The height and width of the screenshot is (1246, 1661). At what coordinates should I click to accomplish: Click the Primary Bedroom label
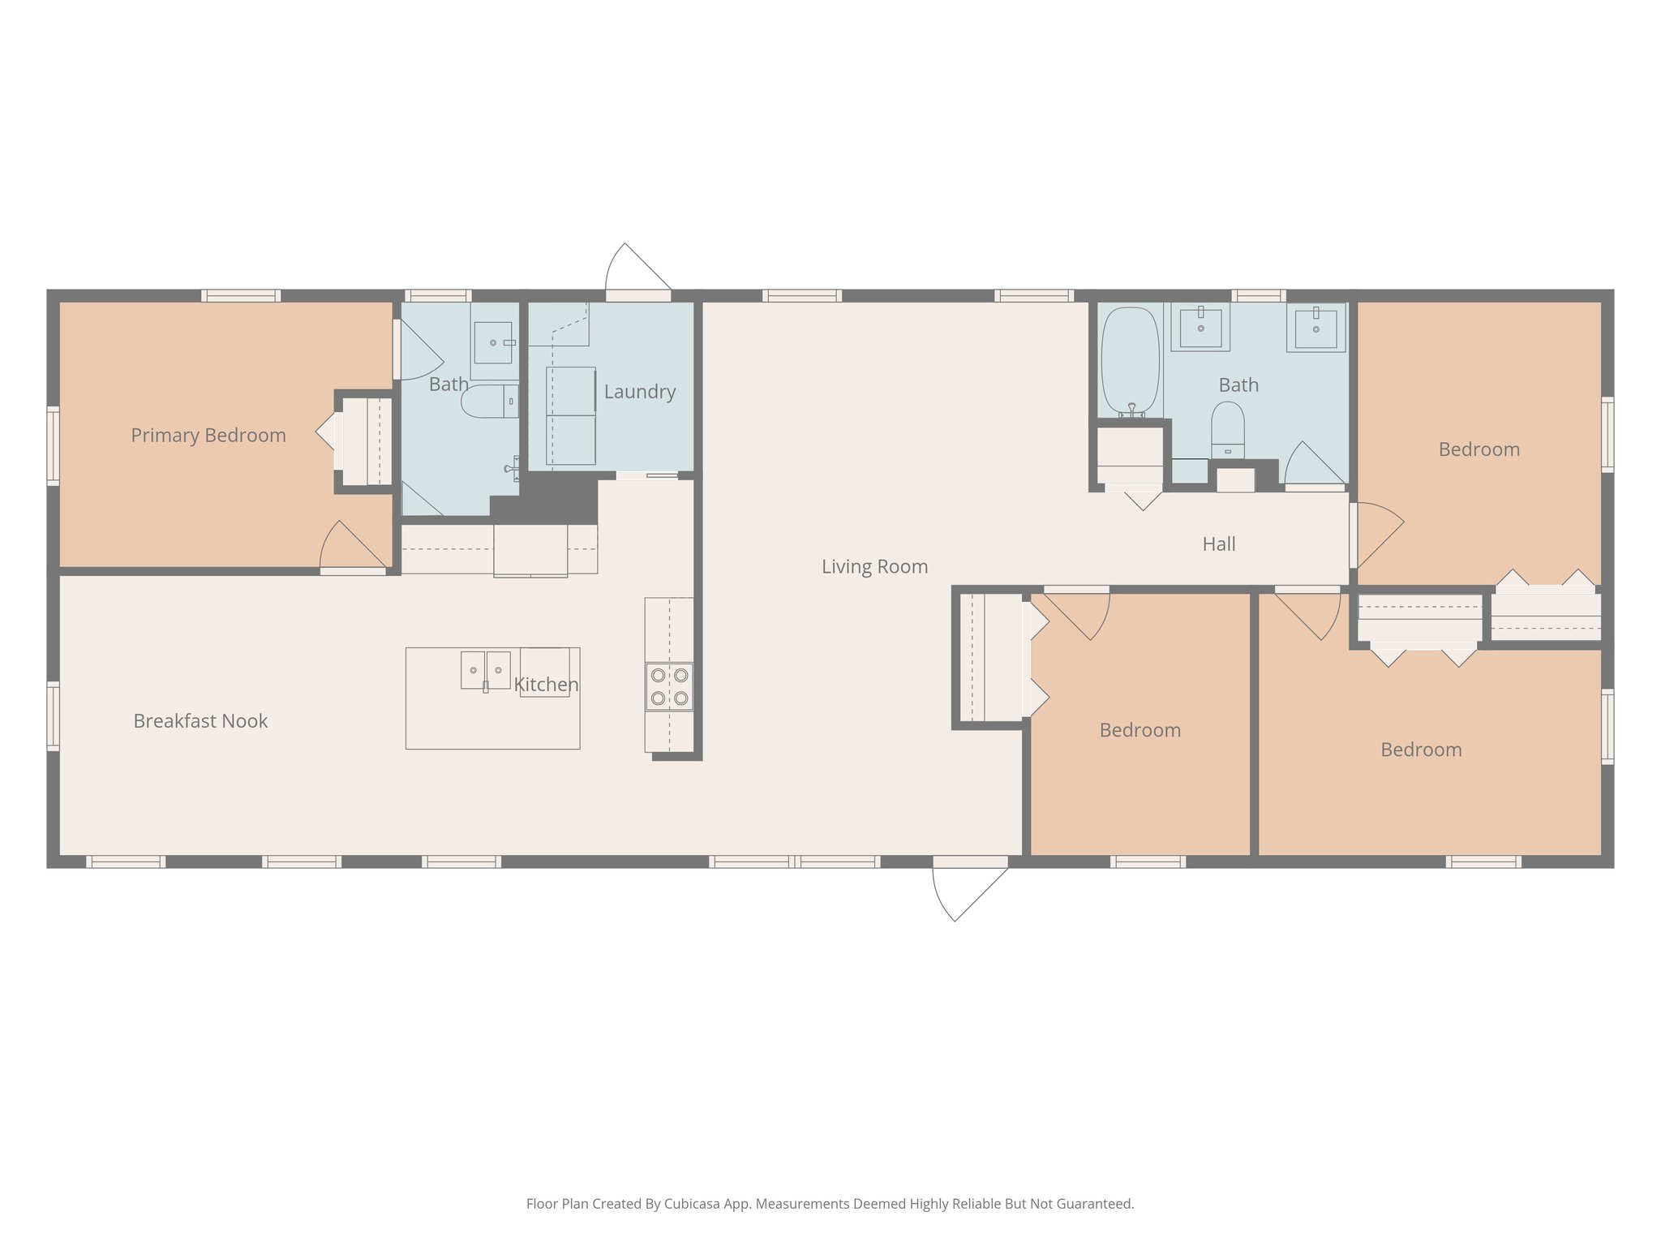(208, 436)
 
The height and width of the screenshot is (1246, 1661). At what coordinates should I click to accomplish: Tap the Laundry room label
(639, 392)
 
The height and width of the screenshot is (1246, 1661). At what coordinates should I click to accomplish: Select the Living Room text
(874, 566)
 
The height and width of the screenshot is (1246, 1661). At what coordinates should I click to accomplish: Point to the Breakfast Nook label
(200, 721)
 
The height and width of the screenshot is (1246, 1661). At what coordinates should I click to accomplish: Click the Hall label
(1218, 544)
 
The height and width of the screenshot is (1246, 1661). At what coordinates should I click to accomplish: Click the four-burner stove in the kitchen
(669, 686)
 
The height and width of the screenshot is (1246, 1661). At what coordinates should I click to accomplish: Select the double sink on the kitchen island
(485, 670)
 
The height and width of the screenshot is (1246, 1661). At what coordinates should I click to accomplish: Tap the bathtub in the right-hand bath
(1131, 360)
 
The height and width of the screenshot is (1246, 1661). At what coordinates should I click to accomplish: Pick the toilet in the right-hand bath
(1227, 430)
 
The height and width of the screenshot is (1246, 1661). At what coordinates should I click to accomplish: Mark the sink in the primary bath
(493, 342)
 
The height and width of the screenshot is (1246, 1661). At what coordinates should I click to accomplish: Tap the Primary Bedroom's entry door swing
(352, 548)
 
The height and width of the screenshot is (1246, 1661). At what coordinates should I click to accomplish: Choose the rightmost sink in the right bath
(1315, 328)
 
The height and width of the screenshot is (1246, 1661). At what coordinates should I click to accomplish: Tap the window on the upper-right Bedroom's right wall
(1607, 434)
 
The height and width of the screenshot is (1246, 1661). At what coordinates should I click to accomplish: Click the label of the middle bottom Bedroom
(1140, 730)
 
